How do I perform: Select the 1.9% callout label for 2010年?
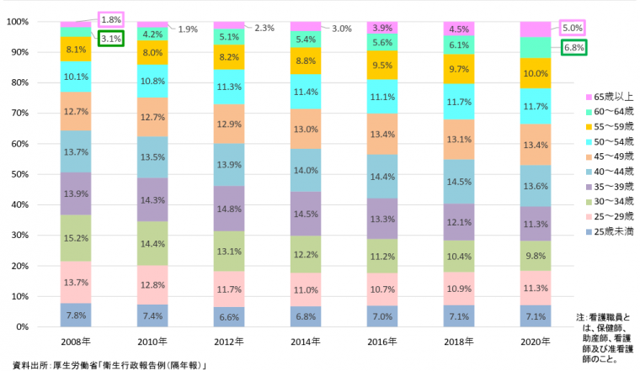(188, 29)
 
